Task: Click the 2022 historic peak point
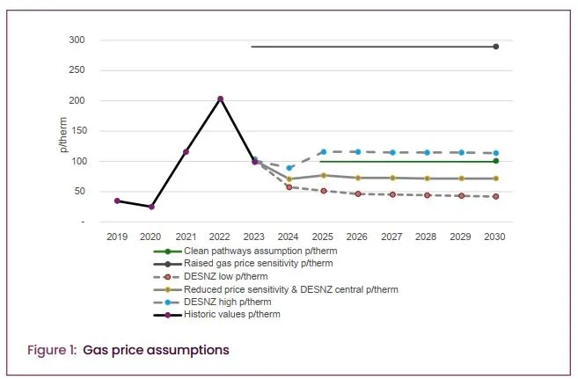coord(220,98)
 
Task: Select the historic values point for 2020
coord(151,207)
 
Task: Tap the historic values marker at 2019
coord(117,200)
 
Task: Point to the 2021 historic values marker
coord(186,151)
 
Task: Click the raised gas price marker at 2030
coord(496,47)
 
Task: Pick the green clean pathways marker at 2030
coord(496,161)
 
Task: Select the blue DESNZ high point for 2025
coord(324,152)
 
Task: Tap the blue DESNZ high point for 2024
coord(289,167)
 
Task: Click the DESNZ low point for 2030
coord(496,196)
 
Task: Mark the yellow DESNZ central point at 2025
coord(324,176)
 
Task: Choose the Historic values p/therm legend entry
coord(231,314)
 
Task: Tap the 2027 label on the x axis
coord(392,237)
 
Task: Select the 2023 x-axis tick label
coord(255,237)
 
